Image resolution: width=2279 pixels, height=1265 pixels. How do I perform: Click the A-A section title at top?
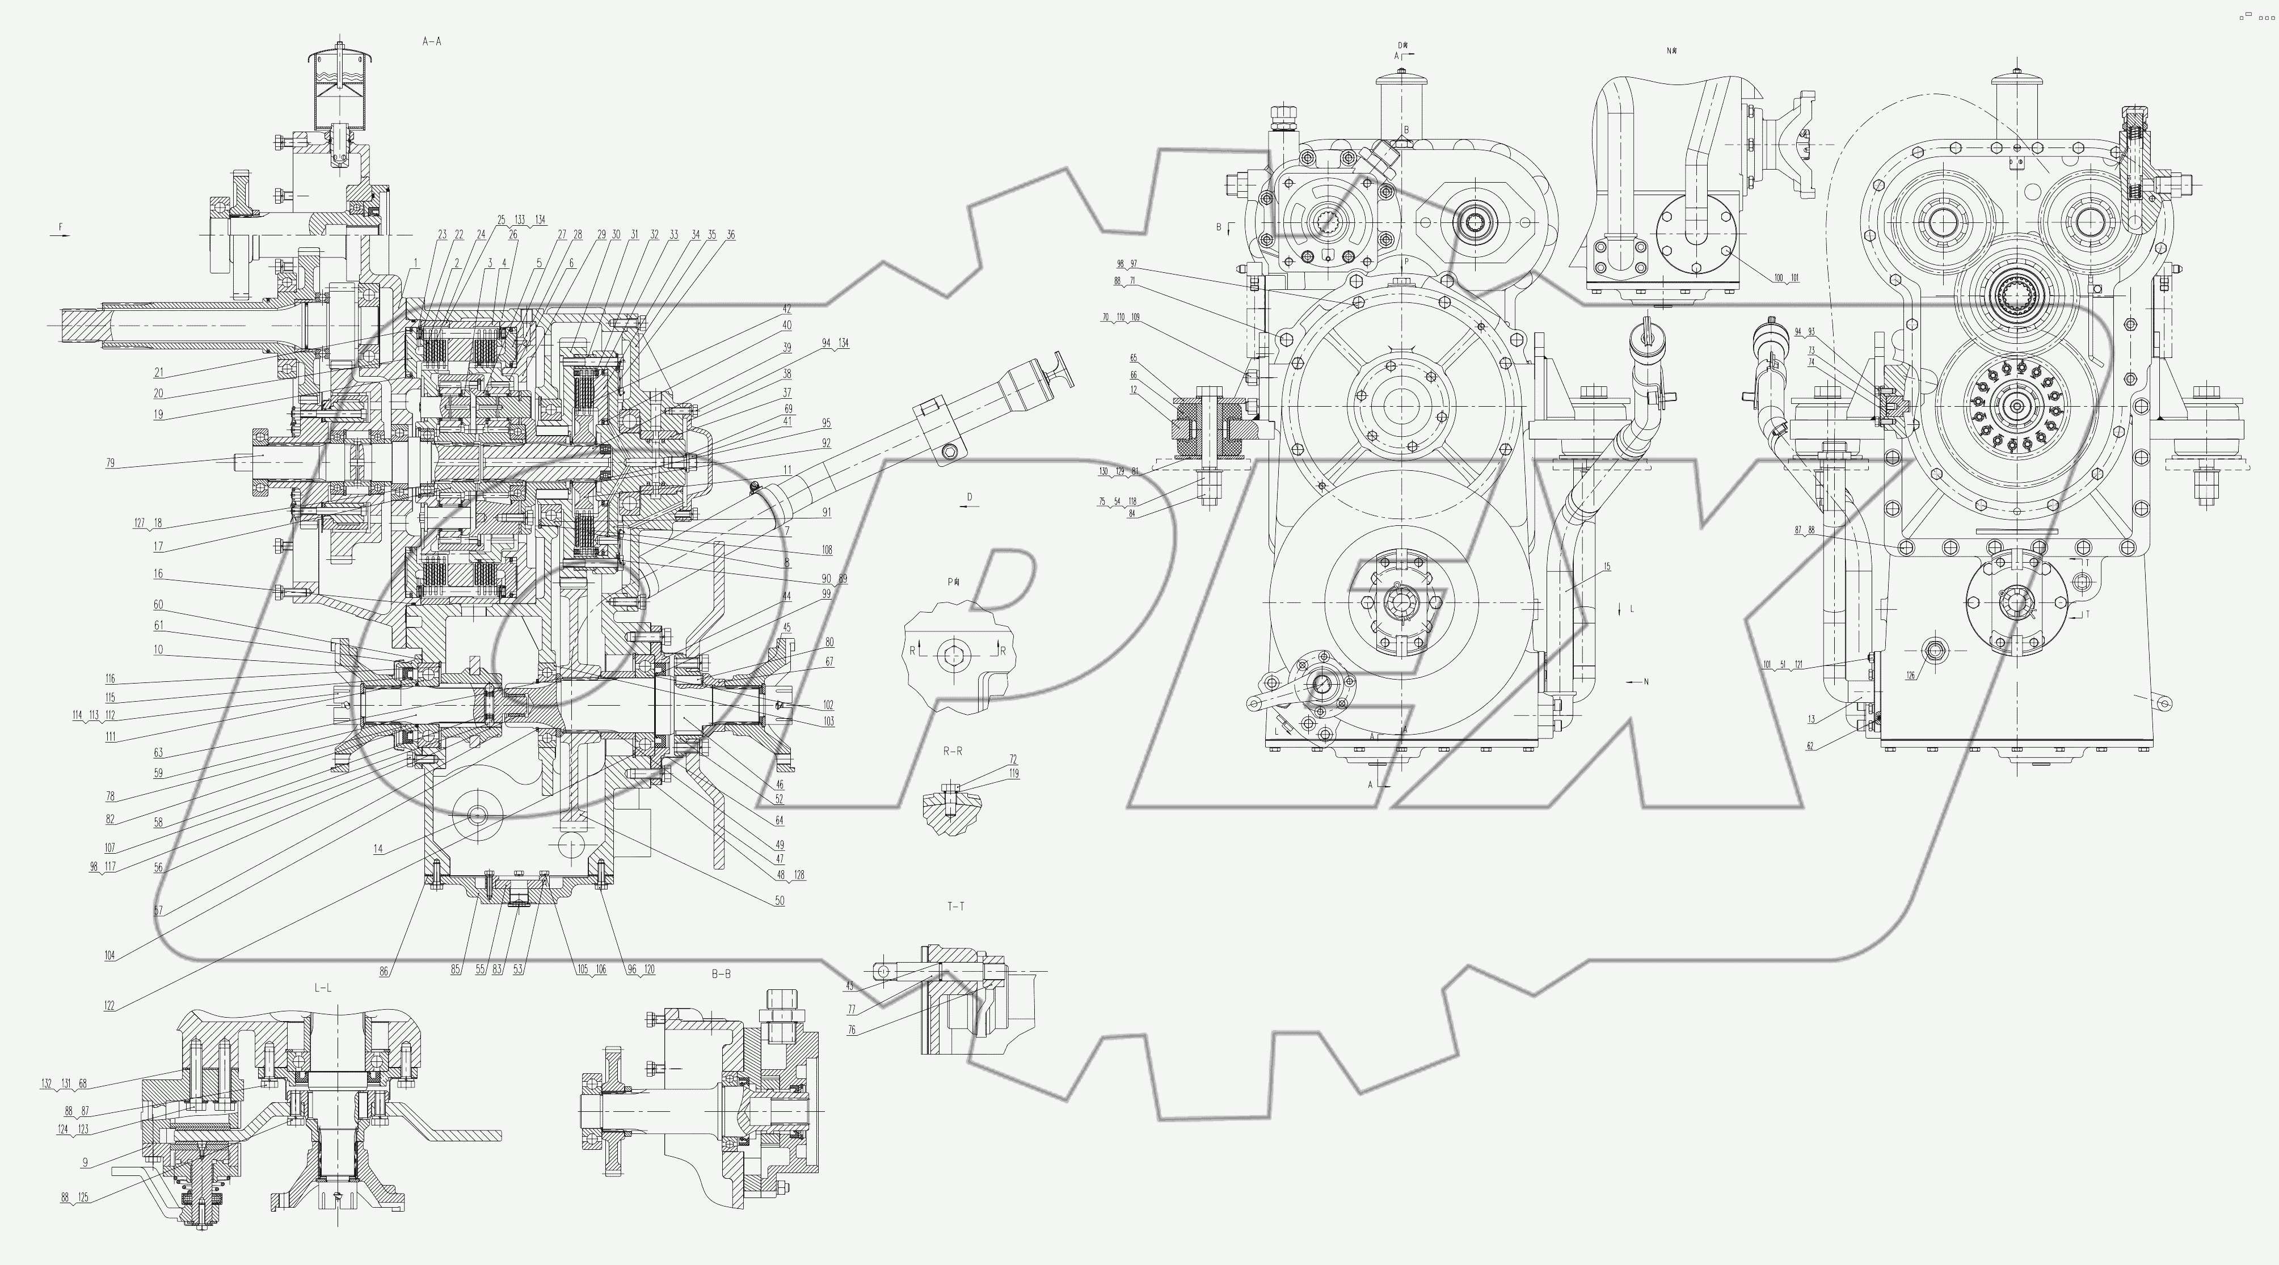tap(432, 41)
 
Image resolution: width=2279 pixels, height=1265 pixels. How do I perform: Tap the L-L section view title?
tap(323, 987)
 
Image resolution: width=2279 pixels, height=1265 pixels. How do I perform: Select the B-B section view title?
tap(721, 974)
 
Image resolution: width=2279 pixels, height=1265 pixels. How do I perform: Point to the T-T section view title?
tap(955, 906)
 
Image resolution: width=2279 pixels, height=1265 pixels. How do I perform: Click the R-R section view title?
tap(952, 751)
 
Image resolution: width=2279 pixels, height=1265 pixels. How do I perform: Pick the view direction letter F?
tap(61, 227)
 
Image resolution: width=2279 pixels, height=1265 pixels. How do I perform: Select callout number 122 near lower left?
tap(109, 1006)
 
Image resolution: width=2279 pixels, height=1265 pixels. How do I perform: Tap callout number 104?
tap(109, 955)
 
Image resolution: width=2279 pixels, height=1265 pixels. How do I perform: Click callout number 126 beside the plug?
tap(1911, 676)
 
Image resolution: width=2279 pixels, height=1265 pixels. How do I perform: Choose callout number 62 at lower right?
tap(1810, 746)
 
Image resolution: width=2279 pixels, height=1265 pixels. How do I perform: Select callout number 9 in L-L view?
tap(85, 1162)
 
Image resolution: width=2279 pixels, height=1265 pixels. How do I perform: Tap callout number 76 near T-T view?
tap(851, 1030)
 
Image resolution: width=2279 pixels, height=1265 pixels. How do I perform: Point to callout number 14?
tap(378, 849)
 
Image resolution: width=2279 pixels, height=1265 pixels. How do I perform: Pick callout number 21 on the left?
tap(158, 373)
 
